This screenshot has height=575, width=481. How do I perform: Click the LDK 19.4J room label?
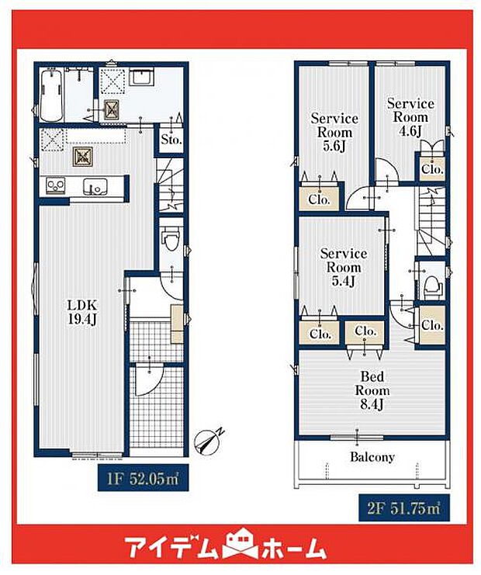tap(82, 312)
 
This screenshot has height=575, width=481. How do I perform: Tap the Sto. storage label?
tap(171, 140)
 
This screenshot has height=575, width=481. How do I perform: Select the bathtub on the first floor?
tap(50, 95)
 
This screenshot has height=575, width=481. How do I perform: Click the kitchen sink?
tap(95, 186)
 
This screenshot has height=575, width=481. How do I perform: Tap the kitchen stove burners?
tap(56, 185)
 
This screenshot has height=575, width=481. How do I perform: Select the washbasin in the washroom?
tap(141, 77)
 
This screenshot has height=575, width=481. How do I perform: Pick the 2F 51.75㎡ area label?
tap(403, 508)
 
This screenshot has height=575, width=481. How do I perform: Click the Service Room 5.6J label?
tap(334, 132)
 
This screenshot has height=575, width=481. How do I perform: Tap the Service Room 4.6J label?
tap(410, 117)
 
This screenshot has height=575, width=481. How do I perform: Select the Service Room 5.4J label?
tap(344, 267)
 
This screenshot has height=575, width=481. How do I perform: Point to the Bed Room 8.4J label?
tap(372, 390)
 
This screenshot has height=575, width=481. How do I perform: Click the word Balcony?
tap(372, 457)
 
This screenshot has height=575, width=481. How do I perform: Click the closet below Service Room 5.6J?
tap(319, 199)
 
